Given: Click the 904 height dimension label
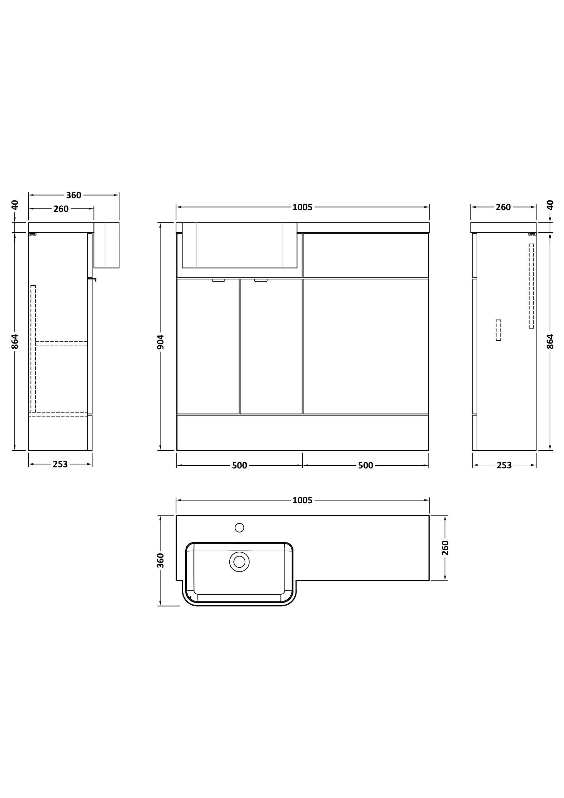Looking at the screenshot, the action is pos(161,342).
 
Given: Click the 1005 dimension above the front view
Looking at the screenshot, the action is pos(302,207).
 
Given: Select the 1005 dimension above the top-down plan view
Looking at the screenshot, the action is pos(302,500).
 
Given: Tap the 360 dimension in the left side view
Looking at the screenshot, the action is pos(74,195).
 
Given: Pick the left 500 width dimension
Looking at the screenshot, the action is pos(240,465).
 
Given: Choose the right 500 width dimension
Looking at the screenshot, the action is pos(365,465).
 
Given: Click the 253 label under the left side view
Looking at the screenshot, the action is pos(60,464).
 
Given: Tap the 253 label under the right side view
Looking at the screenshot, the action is pos(504,465).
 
